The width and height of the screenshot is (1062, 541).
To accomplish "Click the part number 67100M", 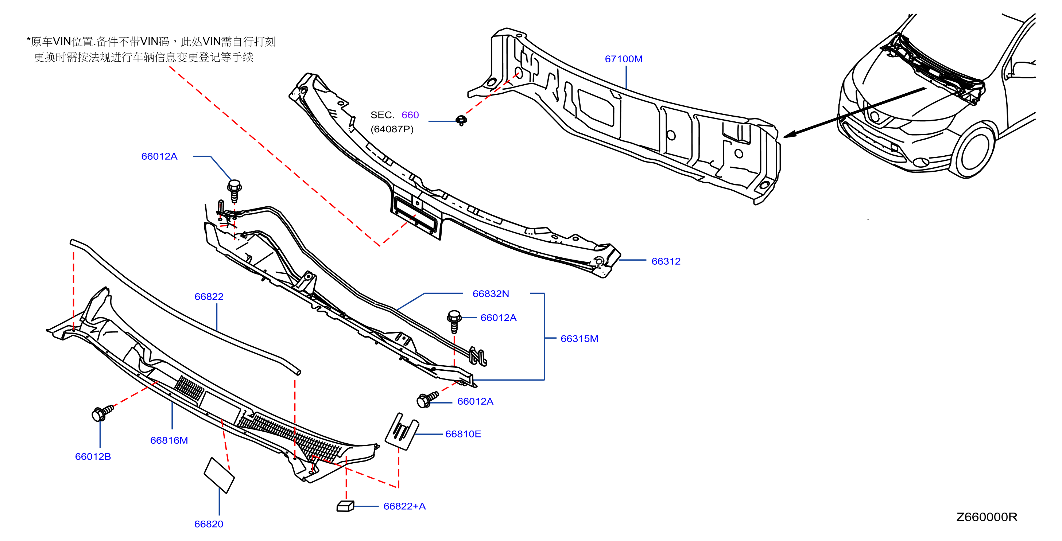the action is pos(623,59).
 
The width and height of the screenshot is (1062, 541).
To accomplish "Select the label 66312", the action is pos(666,261).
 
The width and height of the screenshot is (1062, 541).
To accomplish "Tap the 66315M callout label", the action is pos(579,339).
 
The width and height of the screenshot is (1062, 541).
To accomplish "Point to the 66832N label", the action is pos(491,294).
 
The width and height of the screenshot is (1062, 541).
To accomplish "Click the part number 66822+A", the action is pos(404,506).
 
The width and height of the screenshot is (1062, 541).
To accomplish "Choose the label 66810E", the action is pos(463,434).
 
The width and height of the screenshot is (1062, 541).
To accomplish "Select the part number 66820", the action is pos(209,524).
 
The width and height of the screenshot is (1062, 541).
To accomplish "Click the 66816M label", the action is pos(169,440).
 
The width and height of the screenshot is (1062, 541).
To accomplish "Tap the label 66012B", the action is pos(93,456).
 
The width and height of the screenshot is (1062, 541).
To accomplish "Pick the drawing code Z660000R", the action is pos(987,517).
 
